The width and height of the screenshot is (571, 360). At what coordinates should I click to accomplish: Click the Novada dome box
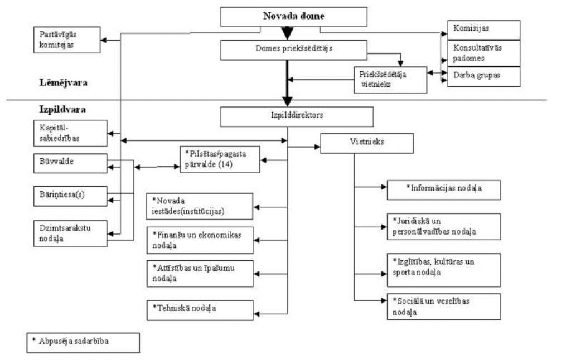pos(293,17)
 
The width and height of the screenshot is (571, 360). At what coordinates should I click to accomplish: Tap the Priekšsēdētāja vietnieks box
pos(390,80)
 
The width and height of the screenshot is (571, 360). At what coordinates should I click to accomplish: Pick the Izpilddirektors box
pos(297,116)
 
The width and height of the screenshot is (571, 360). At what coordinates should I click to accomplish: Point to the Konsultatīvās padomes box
pos(483,53)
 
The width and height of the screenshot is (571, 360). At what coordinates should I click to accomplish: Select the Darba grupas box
pos(483,76)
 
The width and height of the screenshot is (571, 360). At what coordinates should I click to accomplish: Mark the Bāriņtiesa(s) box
pos(70,195)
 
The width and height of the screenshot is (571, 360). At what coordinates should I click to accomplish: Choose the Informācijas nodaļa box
pos(444,189)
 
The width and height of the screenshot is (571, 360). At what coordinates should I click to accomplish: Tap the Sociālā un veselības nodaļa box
pos(444,307)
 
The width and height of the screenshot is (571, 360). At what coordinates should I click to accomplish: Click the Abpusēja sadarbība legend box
pos(83,342)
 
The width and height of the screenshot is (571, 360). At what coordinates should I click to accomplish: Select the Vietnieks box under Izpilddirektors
pos(366,143)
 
